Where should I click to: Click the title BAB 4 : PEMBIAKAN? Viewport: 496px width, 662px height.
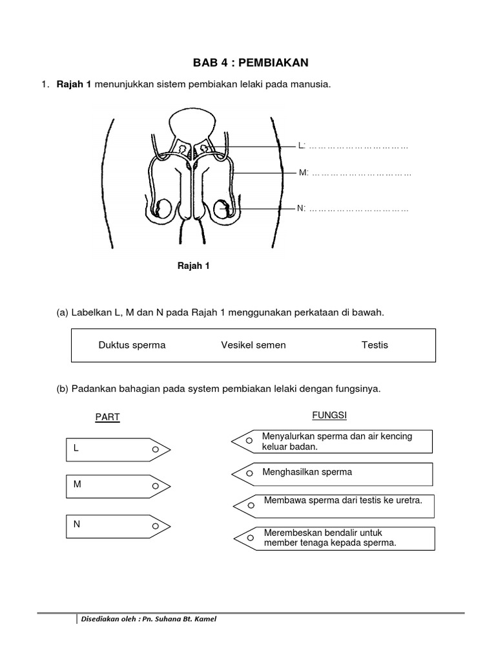pyautogui.click(x=251, y=63)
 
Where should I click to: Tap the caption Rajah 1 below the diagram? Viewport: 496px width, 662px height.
pyautogui.click(x=194, y=266)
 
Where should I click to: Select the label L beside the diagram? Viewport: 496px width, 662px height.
pyautogui.click(x=301, y=147)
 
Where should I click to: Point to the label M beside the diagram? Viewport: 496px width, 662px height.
pyautogui.click(x=301, y=173)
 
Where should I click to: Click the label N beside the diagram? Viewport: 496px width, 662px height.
pyautogui.click(x=300, y=208)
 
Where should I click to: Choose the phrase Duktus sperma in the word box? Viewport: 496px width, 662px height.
pyautogui.click(x=132, y=345)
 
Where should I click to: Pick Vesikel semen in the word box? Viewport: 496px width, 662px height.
pyautogui.click(x=253, y=345)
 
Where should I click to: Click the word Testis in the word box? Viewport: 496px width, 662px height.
pyautogui.click(x=375, y=345)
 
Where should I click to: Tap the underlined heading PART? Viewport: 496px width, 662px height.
pyautogui.click(x=108, y=417)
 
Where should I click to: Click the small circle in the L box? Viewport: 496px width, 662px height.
pyautogui.click(x=155, y=449)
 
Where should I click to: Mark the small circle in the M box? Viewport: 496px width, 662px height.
pyautogui.click(x=155, y=485)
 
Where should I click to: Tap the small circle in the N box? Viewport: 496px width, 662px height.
pyautogui.click(x=155, y=526)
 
